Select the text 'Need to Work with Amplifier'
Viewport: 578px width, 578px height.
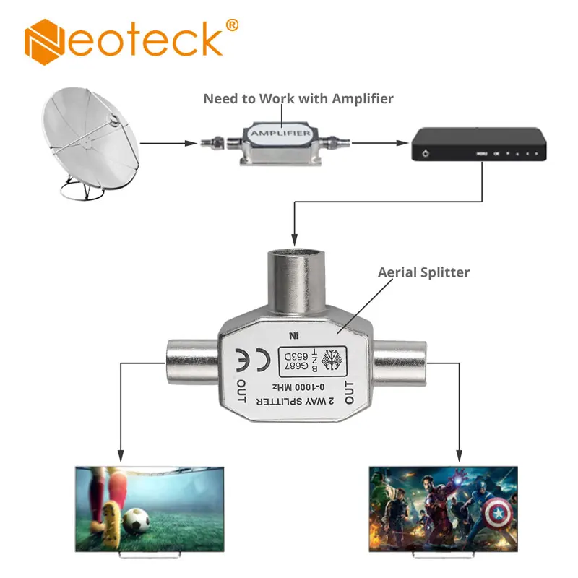[298, 98]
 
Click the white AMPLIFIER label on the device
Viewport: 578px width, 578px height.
[280, 134]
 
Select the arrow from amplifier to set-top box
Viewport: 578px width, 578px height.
[376, 142]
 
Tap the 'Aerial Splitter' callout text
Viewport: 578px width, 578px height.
[423, 272]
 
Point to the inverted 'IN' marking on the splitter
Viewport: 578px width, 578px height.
[293, 335]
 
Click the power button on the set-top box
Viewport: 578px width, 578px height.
[427, 154]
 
